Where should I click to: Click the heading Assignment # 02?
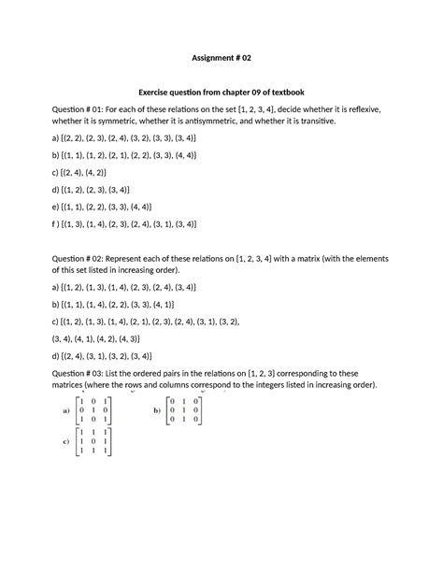221,58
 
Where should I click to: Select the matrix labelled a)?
92,409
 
